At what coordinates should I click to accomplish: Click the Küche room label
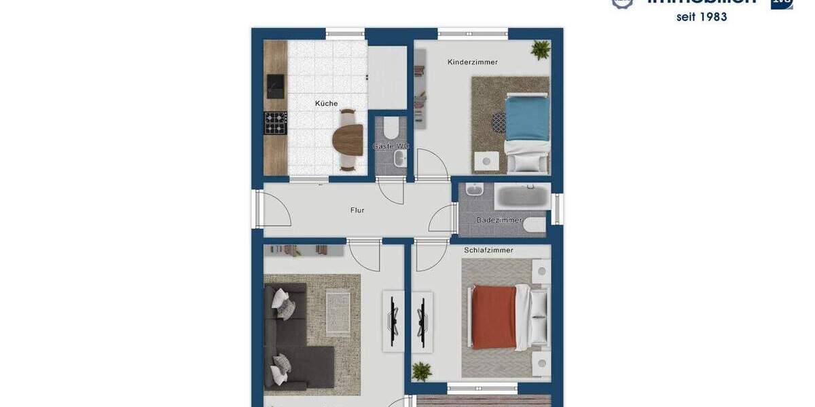[327, 104]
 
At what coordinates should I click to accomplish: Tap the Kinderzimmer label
[473, 62]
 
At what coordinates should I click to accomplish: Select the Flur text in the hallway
[357, 210]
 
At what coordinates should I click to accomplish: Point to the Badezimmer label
[499, 220]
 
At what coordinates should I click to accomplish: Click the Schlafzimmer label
[488, 250]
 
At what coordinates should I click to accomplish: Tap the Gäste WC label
[391, 147]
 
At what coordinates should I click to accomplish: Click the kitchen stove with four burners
[275, 123]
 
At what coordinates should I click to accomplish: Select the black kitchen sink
[276, 85]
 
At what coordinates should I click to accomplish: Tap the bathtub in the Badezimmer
[522, 197]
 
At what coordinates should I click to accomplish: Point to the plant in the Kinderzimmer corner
[541, 50]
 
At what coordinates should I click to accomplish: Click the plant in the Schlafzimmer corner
[422, 371]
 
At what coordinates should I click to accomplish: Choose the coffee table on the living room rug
[338, 313]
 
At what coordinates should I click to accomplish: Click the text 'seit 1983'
[702, 17]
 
